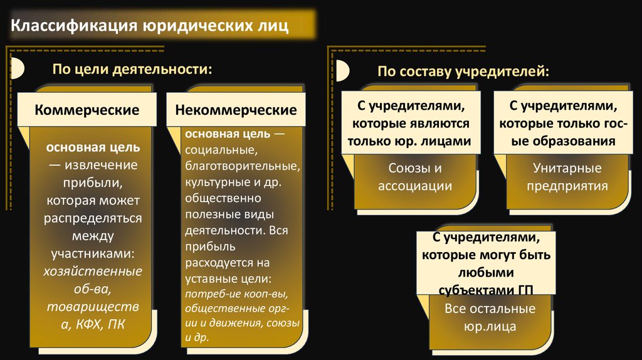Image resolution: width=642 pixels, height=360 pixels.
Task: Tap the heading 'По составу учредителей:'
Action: point(463,71)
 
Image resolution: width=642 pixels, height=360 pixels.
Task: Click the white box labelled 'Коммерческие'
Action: point(87,110)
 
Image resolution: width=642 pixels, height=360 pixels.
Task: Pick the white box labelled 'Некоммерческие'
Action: point(236,110)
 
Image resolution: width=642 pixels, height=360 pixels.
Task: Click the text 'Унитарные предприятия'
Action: point(567,177)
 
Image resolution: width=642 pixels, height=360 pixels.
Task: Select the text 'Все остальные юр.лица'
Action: point(490,317)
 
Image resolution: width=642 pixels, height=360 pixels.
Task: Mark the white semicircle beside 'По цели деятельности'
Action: point(19,68)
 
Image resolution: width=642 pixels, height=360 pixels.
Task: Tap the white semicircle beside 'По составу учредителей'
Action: point(343,71)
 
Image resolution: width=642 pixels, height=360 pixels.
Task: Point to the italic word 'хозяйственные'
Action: point(93,272)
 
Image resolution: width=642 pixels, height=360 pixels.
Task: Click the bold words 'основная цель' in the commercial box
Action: point(92,149)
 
